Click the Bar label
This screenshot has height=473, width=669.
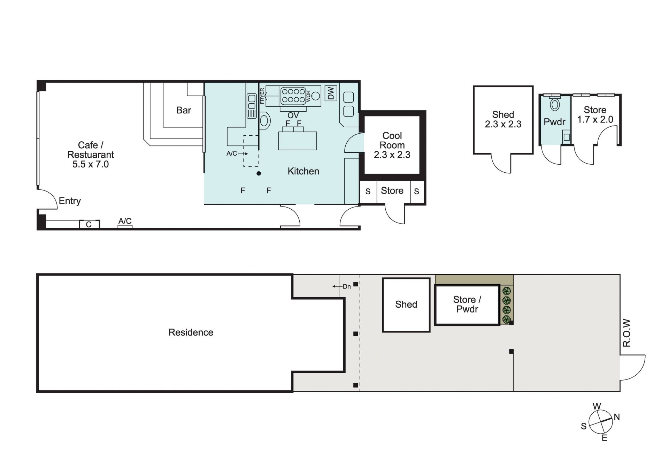point(184,110)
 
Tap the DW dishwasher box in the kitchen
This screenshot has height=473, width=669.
point(331,93)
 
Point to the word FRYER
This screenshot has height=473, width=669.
point(262,96)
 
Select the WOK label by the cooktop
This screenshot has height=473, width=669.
point(308,96)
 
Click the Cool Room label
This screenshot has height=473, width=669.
point(392,140)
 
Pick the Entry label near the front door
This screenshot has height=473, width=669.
point(70,201)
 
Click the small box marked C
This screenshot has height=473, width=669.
point(90,224)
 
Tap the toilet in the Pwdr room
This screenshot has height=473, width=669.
point(555,104)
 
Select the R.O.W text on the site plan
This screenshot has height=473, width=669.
point(627,333)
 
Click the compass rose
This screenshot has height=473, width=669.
point(600,422)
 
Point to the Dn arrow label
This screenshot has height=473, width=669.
point(341,287)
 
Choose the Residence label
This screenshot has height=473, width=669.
point(191,332)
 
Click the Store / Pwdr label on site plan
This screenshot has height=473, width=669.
point(467,304)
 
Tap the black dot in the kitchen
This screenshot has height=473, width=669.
point(259,173)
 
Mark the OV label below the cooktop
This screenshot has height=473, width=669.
point(293,115)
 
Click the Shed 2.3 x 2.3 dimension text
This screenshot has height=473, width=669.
point(503,124)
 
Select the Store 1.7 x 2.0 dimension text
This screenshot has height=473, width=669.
point(595,120)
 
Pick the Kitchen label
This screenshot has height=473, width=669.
point(303,171)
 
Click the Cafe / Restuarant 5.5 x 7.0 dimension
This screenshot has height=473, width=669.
point(91,164)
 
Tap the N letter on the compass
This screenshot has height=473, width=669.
point(617,417)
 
